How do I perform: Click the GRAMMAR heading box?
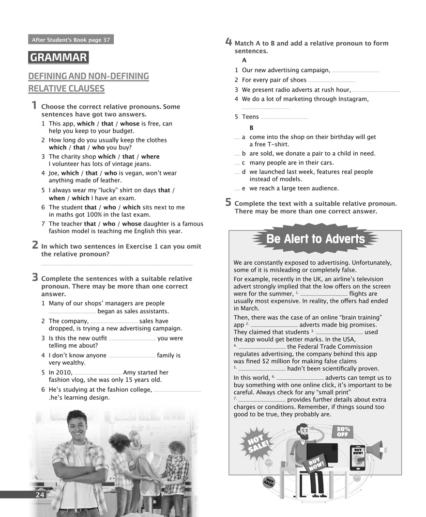click(58, 58)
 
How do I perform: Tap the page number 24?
click(40, 495)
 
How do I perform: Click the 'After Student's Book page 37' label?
click(71, 40)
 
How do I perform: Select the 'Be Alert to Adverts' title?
click(315, 239)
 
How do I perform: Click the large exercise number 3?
click(35, 277)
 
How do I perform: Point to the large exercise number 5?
click(228, 203)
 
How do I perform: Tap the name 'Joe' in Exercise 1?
click(54, 173)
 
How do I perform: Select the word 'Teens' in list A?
click(250, 117)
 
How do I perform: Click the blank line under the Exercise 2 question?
click(117, 265)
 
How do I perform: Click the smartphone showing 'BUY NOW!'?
click(358, 458)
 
